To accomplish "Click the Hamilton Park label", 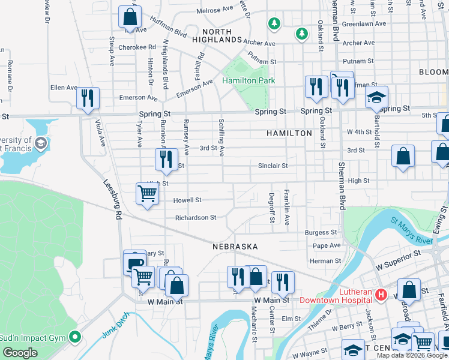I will tap(248, 80).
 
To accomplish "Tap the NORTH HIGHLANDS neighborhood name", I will tap(216, 35).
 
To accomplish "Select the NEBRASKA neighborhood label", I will tap(235, 247).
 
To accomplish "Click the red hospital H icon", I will tap(380, 295).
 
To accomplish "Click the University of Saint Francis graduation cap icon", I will tap(40, 143).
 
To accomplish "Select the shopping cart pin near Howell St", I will tap(147, 194).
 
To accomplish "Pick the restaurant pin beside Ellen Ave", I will tap(88, 98).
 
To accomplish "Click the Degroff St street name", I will tap(272, 207).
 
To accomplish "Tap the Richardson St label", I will tap(196, 218).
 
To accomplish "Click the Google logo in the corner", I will tap(20, 353).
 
